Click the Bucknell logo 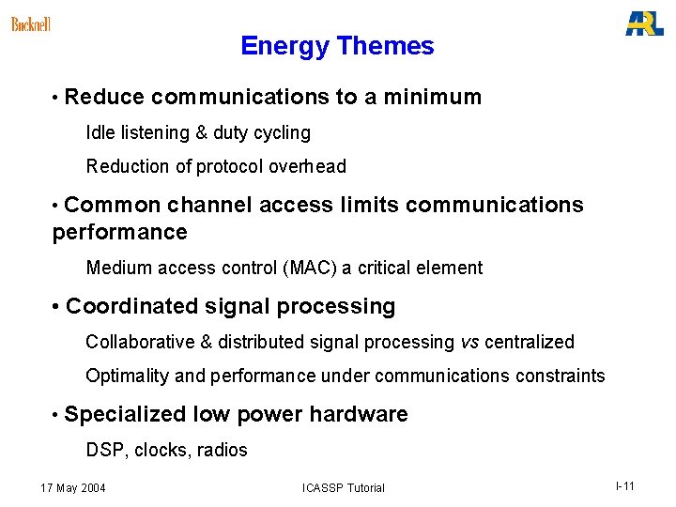[x=30, y=24]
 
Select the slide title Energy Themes [x=337, y=46]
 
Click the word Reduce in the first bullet [x=105, y=97]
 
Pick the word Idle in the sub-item [x=101, y=132]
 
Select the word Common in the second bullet [x=114, y=205]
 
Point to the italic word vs [x=469, y=342]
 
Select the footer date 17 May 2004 [x=73, y=487]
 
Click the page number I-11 [x=625, y=485]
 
